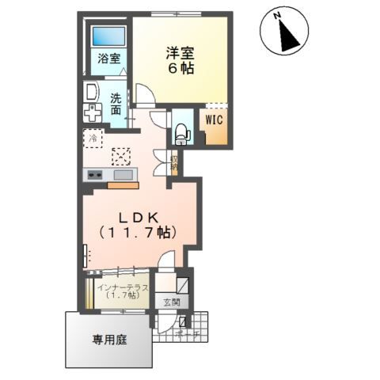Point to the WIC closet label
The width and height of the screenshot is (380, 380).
(215, 120)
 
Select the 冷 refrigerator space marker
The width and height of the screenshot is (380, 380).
(92, 138)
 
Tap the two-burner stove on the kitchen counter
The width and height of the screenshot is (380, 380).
(94, 174)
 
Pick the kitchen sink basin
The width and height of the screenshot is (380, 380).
(124, 174)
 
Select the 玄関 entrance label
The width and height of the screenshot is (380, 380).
(172, 302)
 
